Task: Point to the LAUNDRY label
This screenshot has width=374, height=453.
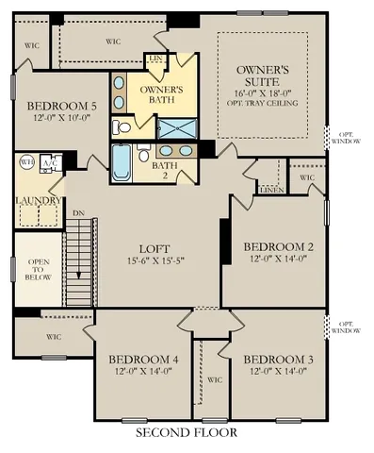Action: point(39,200)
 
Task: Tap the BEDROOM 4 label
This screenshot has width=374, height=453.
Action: point(141,360)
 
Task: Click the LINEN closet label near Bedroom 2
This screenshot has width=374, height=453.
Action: point(271,192)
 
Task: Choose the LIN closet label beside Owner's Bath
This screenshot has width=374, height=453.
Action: point(157,59)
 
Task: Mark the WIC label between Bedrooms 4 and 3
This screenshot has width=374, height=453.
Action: point(215,380)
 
